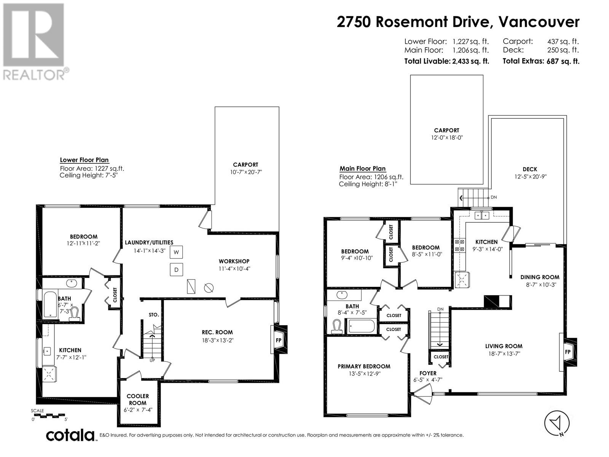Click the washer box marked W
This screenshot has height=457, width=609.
[177, 252]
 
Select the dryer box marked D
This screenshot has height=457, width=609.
[177, 269]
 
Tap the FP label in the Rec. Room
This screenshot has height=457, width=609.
[278, 340]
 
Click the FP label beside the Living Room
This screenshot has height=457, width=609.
[568, 352]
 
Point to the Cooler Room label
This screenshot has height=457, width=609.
[138, 399]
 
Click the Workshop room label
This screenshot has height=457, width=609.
[234, 261]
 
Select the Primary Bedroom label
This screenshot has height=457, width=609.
[364, 366]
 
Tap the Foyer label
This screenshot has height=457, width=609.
[428, 373]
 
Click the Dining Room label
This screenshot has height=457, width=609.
[540, 277]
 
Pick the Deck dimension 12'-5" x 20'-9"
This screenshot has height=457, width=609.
[531, 176]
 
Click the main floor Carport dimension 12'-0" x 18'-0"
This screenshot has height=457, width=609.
[447, 137]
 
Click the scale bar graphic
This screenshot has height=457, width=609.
[49, 415]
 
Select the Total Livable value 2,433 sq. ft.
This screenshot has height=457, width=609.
[470, 61]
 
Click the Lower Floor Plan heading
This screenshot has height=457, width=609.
[84, 160]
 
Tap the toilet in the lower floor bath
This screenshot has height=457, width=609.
[74, 314]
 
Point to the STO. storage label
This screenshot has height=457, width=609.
[154, 315]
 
